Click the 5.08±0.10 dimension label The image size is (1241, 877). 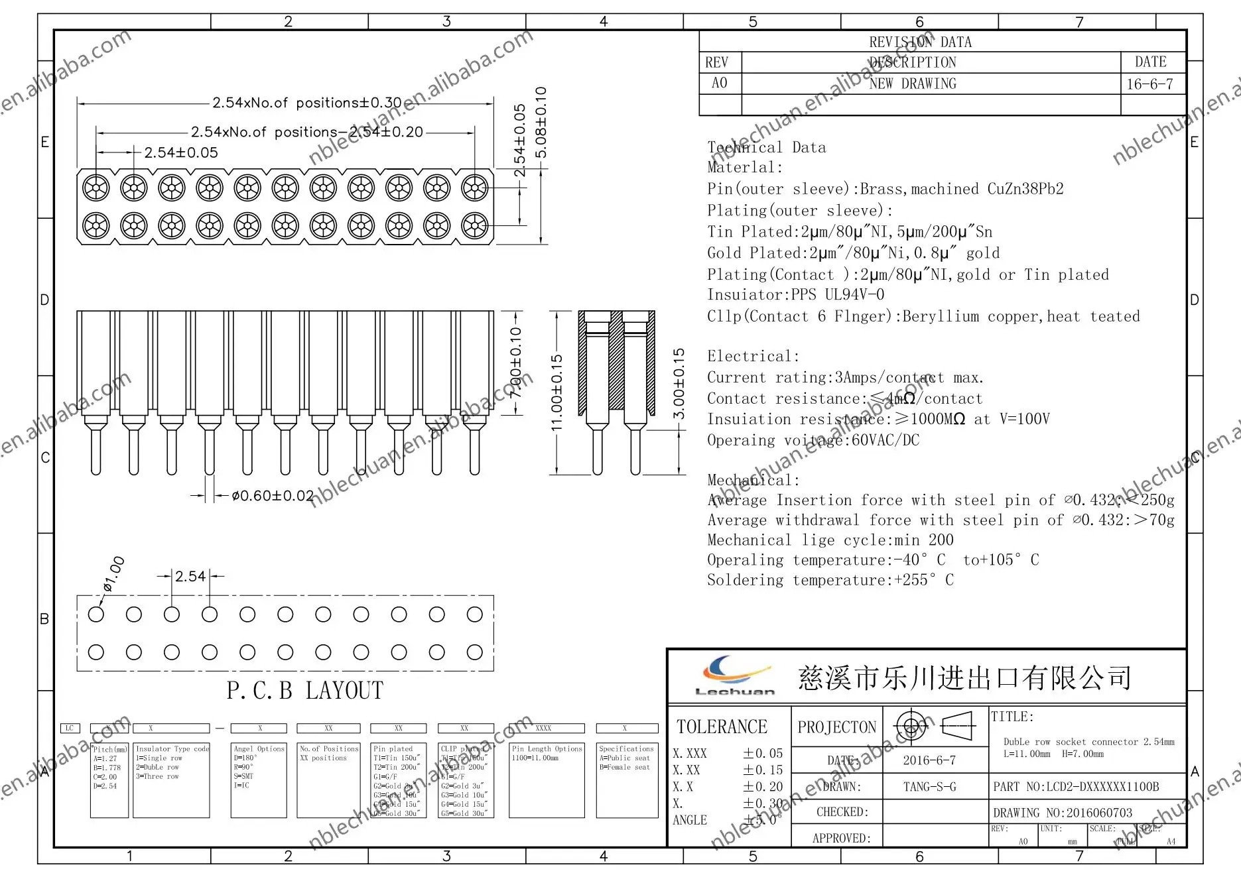[x=541, y=123]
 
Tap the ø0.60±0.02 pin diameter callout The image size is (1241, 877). [x=273, y=496]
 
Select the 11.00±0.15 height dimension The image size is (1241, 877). [x=557, y=392]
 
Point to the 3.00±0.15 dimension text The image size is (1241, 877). [x=679, y=384]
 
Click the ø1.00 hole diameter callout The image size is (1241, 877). [x=113, y=574]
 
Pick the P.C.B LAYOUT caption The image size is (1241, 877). [x=304, y=691]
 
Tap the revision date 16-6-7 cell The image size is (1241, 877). [x=1149, y=84]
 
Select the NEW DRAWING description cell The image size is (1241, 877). [x=913, y=84]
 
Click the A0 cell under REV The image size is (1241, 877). [x=719, y=83]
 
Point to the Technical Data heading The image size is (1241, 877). [x=766, y=147]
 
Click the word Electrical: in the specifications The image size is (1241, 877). [x=753, y=356]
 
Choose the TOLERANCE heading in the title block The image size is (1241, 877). [x=722, y=727]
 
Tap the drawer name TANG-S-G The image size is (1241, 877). [x=929, y=787]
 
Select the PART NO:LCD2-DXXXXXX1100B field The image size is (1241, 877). [x=1076, y=787]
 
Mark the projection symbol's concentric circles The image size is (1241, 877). [x=911, y=727]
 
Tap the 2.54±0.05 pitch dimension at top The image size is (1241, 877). [x=181, y=152]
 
